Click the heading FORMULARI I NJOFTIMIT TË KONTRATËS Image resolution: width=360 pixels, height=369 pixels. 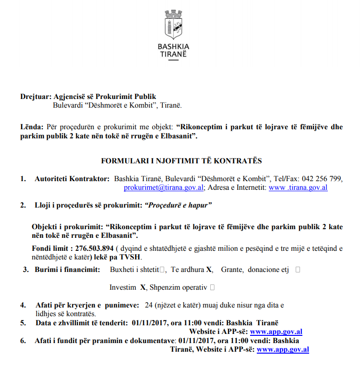coord(181,160)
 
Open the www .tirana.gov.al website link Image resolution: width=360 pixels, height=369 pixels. coord(298,187)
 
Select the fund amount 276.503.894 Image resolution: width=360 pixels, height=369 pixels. coord(94,248)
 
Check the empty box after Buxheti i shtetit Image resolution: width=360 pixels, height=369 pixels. coord(164,270)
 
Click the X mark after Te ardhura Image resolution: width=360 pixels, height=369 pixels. coord(209,270)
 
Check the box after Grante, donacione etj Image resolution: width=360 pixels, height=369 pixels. coord(298,270)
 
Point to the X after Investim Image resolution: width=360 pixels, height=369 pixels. coord(143,287)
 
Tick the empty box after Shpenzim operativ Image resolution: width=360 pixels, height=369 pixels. coord(212,287)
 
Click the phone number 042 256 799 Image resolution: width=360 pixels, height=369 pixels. coord(322,179)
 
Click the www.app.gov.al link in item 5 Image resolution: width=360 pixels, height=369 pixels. coord(276,332)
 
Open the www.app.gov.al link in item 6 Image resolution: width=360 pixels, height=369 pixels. coord(283,349)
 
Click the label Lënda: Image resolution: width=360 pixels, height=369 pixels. coord(32,127)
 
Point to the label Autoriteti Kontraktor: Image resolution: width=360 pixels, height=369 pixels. coord(72,179)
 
